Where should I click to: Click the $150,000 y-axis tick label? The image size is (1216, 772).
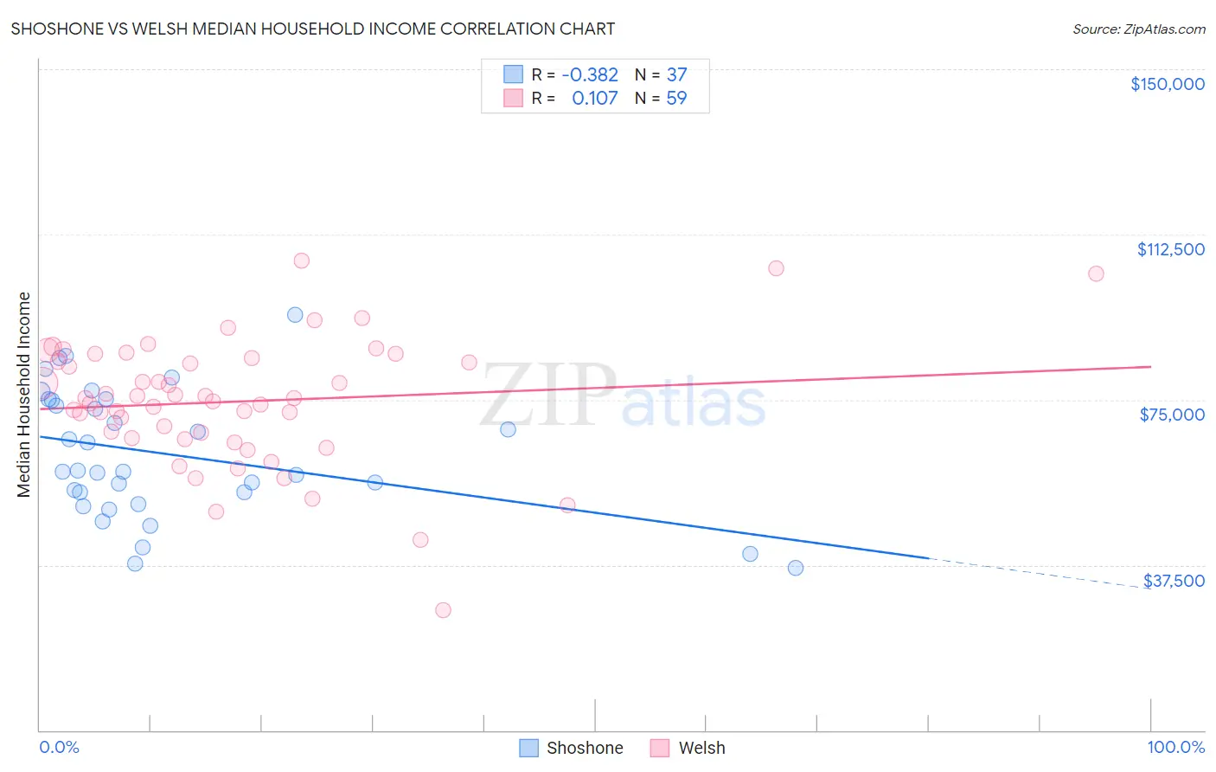1167,84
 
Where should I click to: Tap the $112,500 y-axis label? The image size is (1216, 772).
1170,249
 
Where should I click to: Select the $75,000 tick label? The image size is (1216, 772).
1172,415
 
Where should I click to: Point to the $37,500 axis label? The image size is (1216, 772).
1174,581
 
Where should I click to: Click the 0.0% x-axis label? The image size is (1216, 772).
59,748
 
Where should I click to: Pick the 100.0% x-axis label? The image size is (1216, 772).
1175,748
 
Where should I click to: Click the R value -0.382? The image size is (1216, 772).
590,75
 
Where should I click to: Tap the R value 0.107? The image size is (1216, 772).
595,99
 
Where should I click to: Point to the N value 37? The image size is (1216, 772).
676,75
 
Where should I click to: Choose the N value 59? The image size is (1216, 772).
676,99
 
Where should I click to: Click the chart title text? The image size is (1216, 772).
313,29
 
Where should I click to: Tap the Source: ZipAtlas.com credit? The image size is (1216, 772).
1138,29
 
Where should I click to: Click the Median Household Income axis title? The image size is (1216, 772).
23,395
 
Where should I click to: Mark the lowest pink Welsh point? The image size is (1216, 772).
443,610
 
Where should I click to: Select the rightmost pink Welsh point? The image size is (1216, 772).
1096,273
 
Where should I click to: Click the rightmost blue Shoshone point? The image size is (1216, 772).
796,568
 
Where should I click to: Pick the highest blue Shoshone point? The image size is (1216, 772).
295,315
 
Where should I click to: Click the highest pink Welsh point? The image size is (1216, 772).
302,261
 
